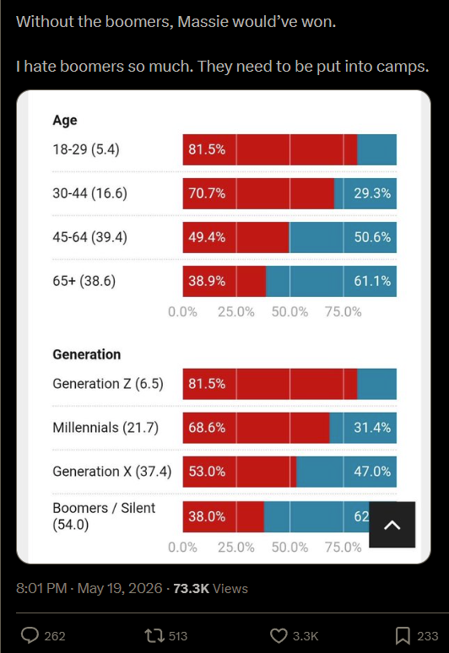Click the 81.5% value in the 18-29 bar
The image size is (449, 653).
[207, 149]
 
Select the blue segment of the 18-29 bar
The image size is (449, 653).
[377, 149]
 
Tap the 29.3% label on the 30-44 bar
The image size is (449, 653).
[372, 193]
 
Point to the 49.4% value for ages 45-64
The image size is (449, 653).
[207, 237]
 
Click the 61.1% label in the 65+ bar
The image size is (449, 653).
[372, 281]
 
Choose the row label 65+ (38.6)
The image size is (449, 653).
[84, 281]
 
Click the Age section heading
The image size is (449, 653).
[65, 121]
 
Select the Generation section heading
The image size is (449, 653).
[87, 354]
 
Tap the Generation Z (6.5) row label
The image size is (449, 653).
[108, 384]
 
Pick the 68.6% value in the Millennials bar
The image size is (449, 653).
[207, 428]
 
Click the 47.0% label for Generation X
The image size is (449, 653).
[372, 472]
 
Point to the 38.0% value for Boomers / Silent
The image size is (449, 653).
[207, 517]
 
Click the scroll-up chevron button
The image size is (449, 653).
[392, 525]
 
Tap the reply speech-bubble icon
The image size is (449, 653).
[30, 635]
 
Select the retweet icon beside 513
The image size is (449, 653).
[154, 636]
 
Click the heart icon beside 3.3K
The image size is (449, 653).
[279, 636]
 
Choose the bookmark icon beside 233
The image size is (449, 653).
[403, 636]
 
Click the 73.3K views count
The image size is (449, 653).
[192, 588]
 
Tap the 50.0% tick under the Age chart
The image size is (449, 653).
[289, 312]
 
